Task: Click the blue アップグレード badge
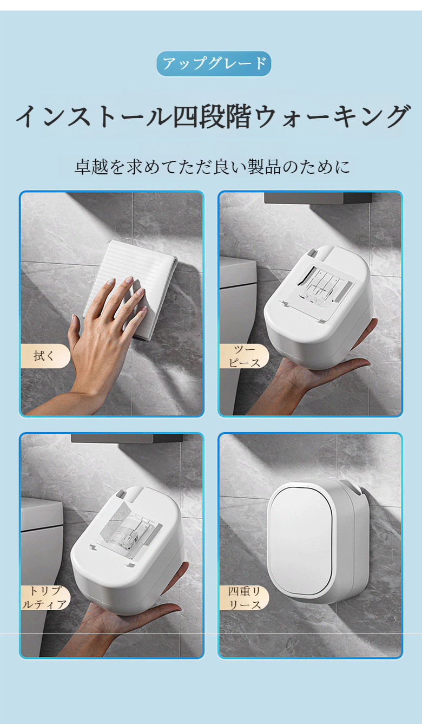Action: (x=214, y=64)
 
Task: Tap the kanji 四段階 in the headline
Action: (x=212, y=116)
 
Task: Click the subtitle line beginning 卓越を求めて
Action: (x=212, y=167)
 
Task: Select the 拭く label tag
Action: (x=45, y=356)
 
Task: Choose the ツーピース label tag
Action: (x=244, y=356)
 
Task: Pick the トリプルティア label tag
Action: (x=45, y=598)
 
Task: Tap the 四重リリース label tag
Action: (x=244, y=598)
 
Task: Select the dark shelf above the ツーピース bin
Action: (x=318, y=198)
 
